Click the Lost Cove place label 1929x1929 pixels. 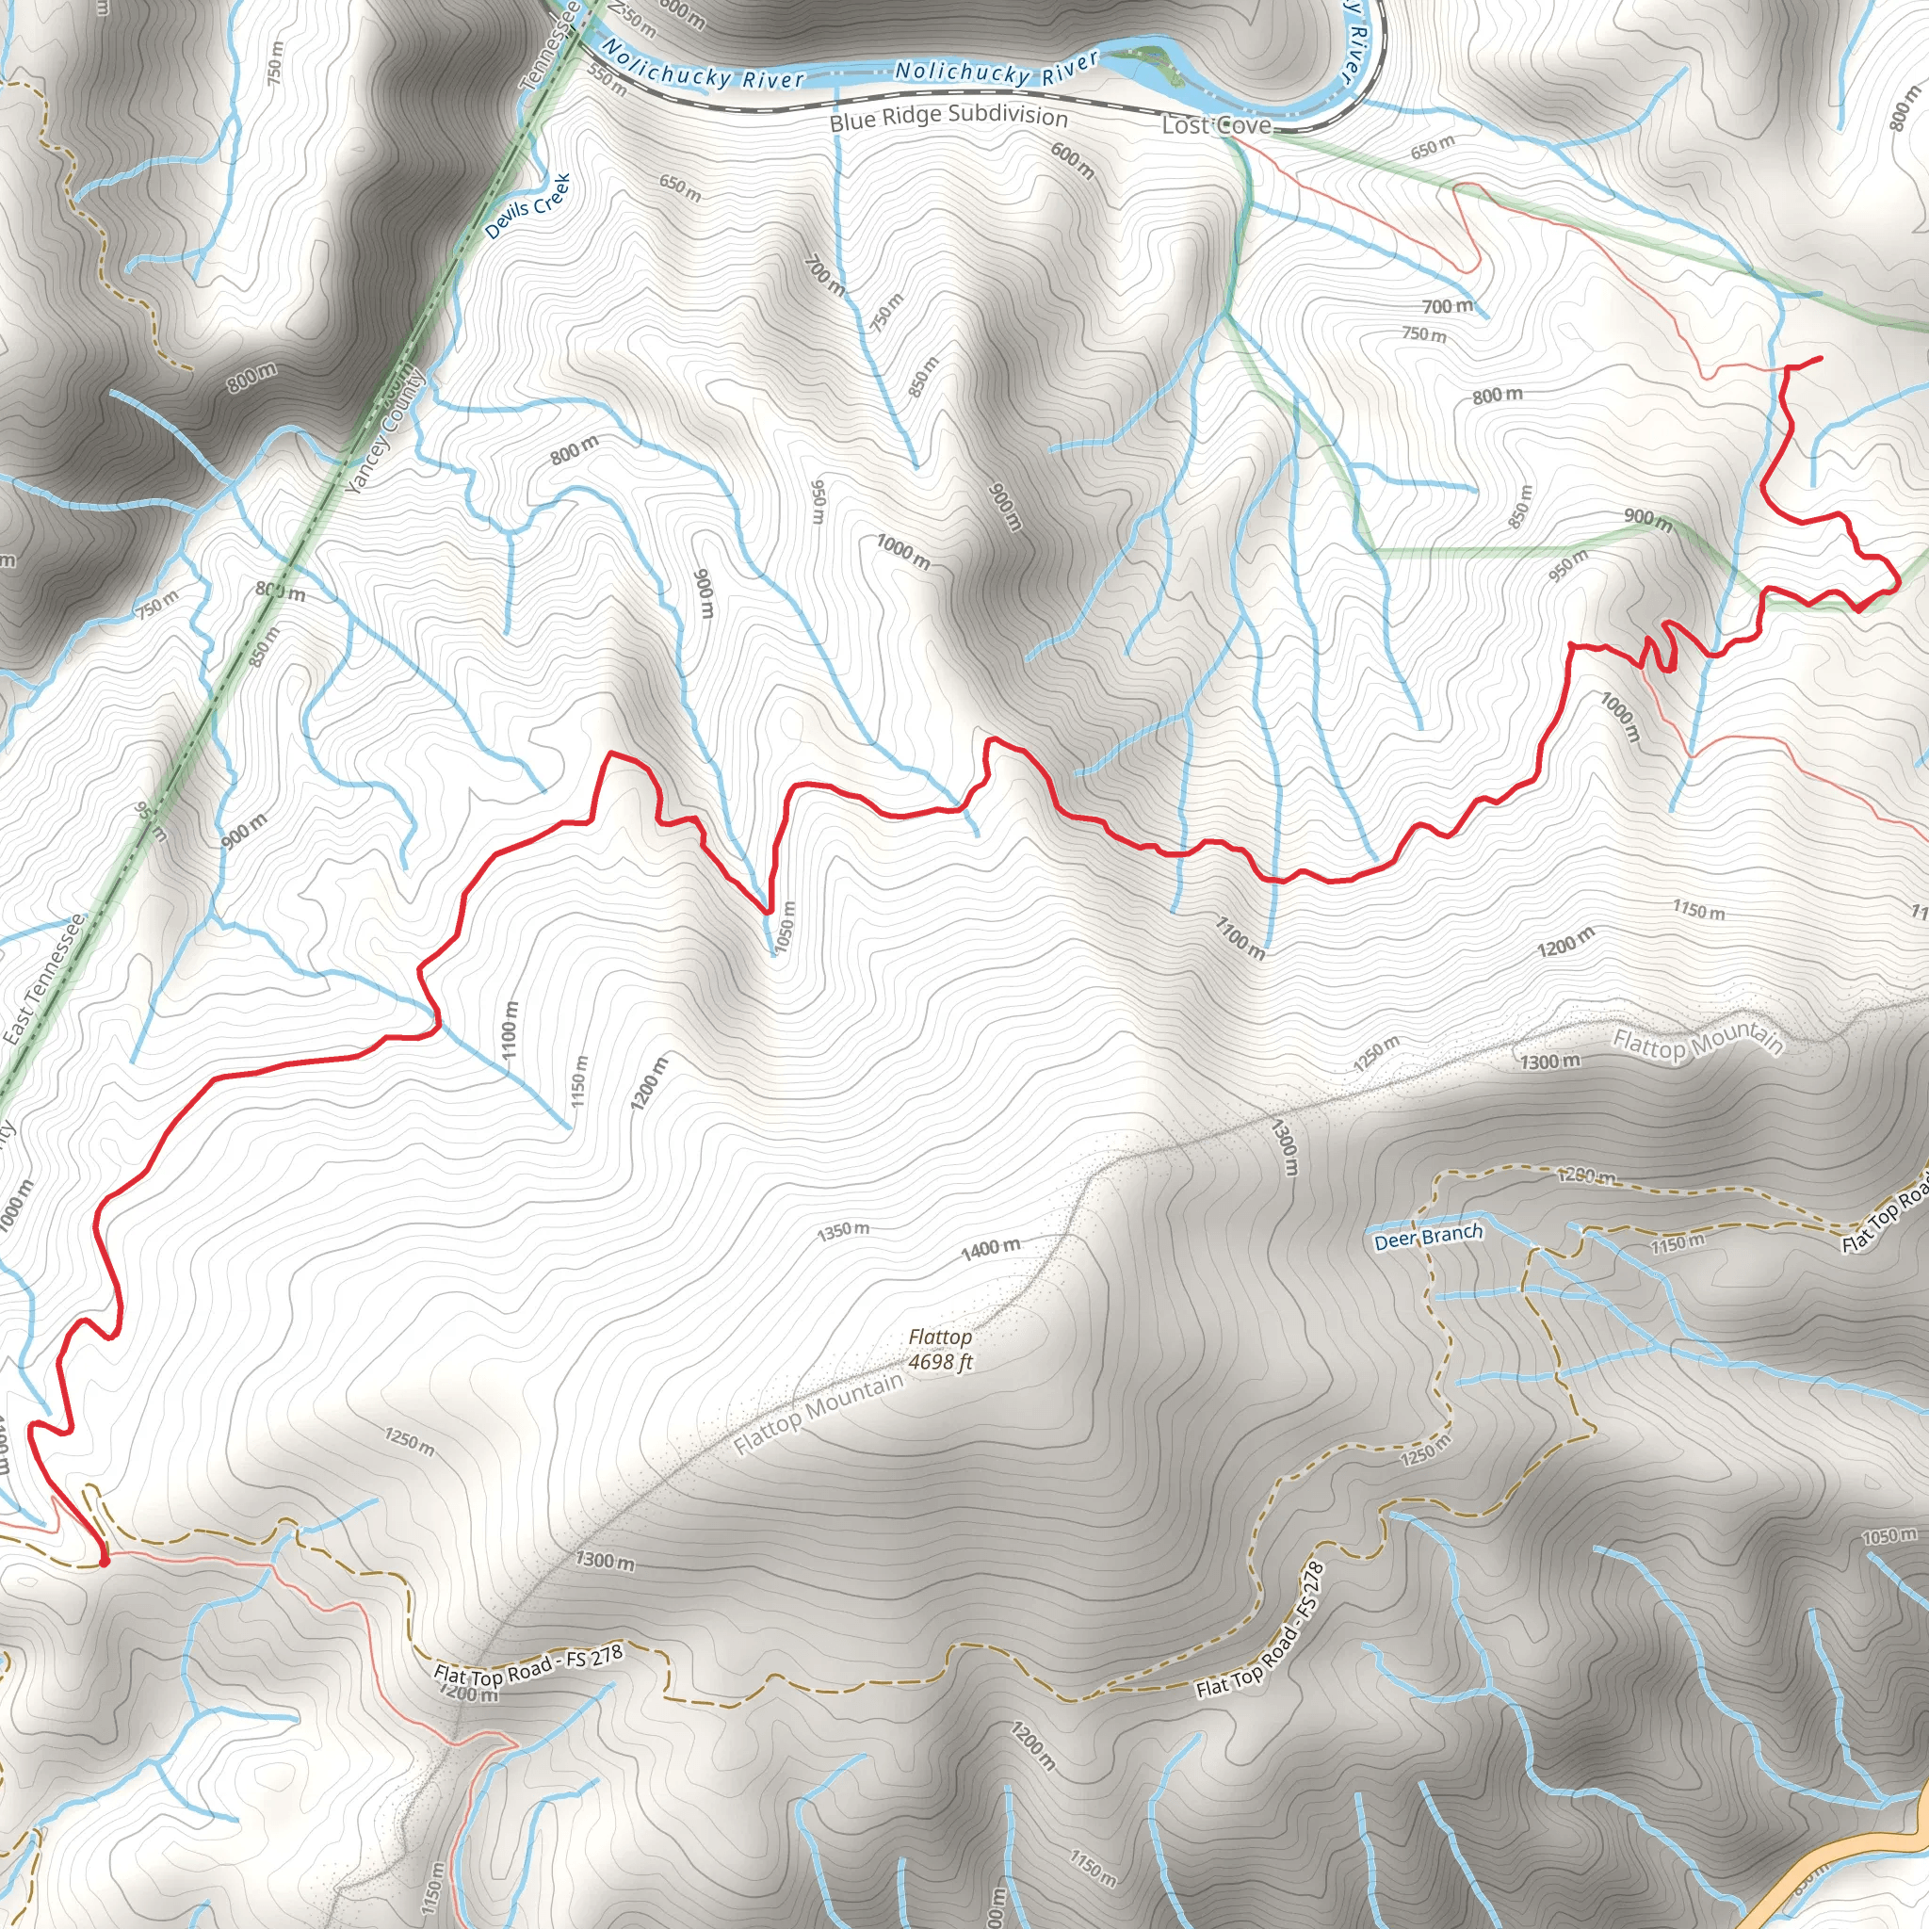tap(1216, 125)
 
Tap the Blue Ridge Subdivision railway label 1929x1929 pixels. tap(948, 117)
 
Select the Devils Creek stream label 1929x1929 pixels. tap(527, 206)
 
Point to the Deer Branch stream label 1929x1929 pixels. tap(1428, 1236)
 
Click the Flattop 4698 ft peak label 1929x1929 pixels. tap(939, 1349)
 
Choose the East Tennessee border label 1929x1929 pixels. tap(43, 981)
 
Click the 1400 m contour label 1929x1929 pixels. tap(991, 1248)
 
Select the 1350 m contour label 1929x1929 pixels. tap(843, 1230)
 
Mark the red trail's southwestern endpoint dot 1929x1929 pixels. tap(104, 1561)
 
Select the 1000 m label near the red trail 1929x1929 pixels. tap(1619, 717)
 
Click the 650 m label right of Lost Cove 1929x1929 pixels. tap(1433, 147)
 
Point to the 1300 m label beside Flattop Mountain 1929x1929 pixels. tap(1550, 1061)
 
